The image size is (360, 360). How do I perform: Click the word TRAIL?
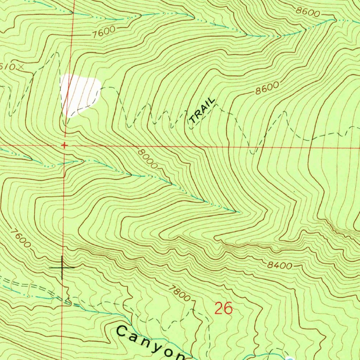tap(202, 110)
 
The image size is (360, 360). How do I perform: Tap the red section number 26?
tap(224, 308)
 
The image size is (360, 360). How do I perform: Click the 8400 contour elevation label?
tap(279, 265)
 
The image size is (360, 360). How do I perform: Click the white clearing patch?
tap(80, 94)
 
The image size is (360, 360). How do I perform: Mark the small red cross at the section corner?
tap(64, 145)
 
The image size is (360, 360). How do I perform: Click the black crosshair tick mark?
tap(62, 268)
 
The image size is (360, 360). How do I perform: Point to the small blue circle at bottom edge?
tap(290, 358)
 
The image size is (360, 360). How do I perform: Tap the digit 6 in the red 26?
tap(228, 308)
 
